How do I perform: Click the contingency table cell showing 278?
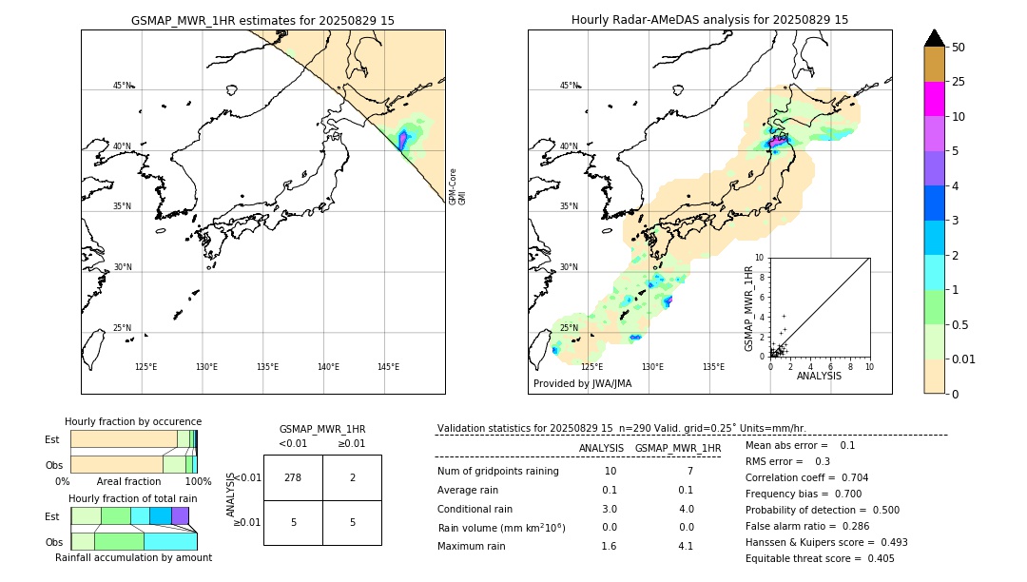coord(293,477)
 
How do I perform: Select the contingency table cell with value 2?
coord(352,477)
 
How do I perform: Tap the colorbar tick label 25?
coord(959,82)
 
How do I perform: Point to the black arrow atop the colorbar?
coord(935,38)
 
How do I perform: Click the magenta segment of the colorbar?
coord(935,99)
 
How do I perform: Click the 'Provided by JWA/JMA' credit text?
coord(582,384)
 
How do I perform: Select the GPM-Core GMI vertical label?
coord(457,185)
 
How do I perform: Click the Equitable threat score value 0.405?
coord(875,558)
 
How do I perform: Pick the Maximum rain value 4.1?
coord(685,546)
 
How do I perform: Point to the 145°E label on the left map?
coord(388,367)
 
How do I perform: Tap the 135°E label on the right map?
coord(713,367)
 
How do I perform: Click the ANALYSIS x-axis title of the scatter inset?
coord(819,376)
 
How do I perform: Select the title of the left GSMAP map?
coord(262,20)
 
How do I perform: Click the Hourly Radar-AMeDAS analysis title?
coord(709,20)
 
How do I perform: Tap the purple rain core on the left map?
coord(403,140)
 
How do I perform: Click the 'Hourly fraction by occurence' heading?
coord(133,421)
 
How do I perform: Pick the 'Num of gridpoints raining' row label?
coord(498,472)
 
